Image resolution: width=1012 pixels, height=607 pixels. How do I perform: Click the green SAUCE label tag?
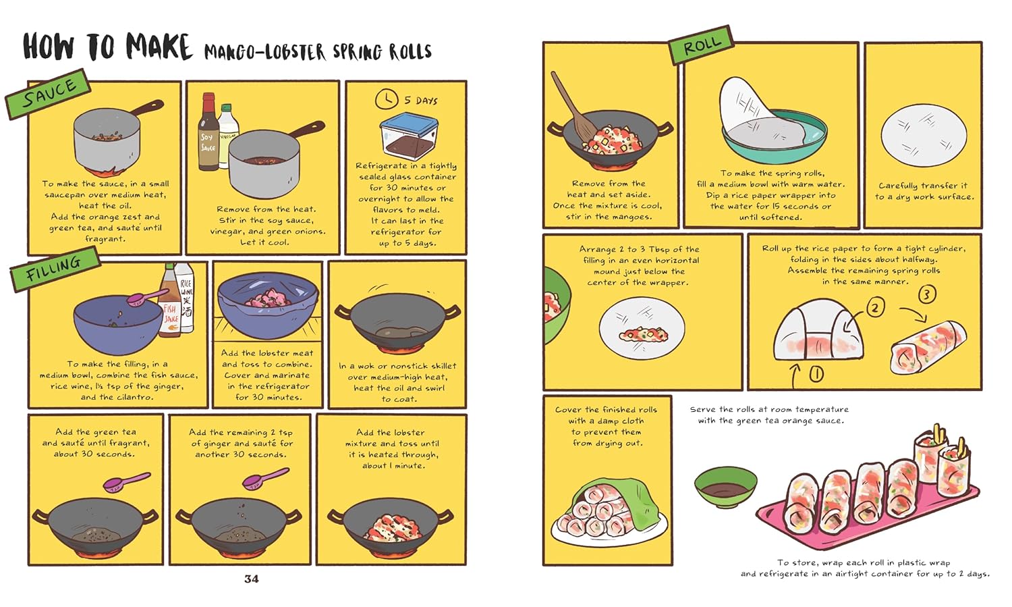coord(49,94)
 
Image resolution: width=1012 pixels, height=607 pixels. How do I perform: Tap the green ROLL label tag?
coord(701,46)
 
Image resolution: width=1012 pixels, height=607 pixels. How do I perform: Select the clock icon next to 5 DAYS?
coord(387,99)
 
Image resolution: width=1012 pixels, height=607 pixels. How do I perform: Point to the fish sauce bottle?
coord(170,304)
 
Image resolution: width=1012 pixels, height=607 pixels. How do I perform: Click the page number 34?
coord(251,579)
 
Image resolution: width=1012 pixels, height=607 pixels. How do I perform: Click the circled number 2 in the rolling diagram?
coord(875,308)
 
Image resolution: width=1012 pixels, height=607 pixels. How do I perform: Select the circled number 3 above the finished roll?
coord(927,294)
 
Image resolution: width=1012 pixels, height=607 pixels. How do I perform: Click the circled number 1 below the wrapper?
coord(816,373)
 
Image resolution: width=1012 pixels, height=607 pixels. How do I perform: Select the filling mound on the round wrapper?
coord(643,333)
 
